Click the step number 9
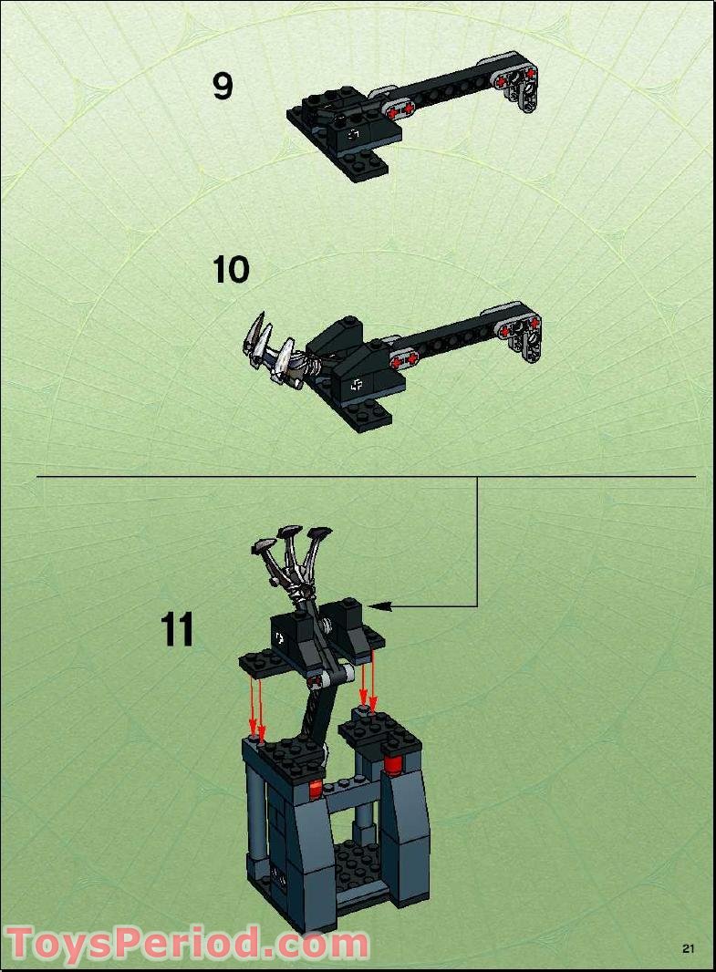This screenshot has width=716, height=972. tap(223, 86)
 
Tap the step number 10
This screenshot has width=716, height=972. tap(231, 270)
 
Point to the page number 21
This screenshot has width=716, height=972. tap(689, 949)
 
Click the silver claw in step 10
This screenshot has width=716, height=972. tap(269, 351)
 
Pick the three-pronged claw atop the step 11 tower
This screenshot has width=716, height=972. tap(288, 556)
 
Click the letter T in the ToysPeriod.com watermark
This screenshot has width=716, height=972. tap(26, 943)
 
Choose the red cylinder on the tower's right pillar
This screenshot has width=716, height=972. tap(393, 762)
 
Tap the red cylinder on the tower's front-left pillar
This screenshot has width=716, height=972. tap(316, 790)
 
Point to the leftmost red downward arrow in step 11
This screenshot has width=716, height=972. tap(254, 707)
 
